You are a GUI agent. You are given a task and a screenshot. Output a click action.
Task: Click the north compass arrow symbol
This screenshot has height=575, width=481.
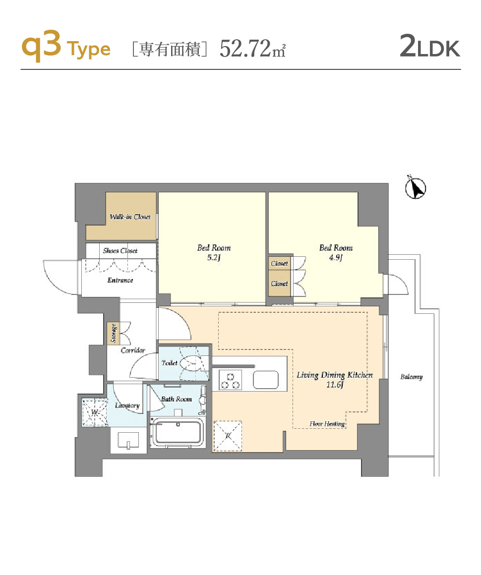click(x=416, y=188)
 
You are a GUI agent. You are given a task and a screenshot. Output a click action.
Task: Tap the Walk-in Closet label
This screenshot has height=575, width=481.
click(x=130, y=217)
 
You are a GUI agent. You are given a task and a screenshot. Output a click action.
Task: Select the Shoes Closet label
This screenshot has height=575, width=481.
click(x=120, y=251)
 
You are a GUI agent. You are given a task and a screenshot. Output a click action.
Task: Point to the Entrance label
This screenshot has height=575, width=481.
click(x=120, y=280)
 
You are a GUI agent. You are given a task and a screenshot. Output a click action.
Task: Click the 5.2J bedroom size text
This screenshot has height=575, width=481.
click(x=214, y=257)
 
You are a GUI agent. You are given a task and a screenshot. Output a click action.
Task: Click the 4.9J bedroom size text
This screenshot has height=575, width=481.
click(x=336, y=257)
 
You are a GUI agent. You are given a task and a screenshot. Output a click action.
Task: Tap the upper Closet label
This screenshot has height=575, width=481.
click(x=279, y=263)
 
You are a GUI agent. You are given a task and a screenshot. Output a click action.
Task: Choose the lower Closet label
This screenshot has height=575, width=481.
click(x=279, y=284)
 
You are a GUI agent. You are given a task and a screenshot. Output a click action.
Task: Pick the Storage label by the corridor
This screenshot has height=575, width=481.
click(x=114, y=333)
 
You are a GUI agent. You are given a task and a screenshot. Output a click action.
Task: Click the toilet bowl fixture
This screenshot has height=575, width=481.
click(x=191, y=363)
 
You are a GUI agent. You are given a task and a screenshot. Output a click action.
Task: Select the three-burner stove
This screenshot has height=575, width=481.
click(x=231, y=380)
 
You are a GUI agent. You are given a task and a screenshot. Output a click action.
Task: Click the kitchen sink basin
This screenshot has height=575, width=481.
click(x=266, y=380)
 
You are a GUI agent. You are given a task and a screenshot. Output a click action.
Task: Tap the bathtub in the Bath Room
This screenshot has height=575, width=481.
click(x=177, y=433)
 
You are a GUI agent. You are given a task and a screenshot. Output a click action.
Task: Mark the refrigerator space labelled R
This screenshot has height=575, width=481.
click(x=228, y=436)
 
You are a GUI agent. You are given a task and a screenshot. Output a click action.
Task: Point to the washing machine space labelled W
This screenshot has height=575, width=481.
click(x=95, y=412)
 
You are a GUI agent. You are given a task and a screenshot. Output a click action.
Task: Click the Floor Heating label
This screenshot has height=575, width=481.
click(x=327, y=424)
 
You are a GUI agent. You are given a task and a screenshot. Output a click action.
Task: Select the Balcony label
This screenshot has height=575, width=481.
click(x=411, y=377)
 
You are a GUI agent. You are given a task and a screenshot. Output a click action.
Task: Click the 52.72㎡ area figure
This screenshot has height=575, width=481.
click(x=252, y=49)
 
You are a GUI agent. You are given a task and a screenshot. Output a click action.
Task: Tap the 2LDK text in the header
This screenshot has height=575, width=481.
click(x=429, y=46)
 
